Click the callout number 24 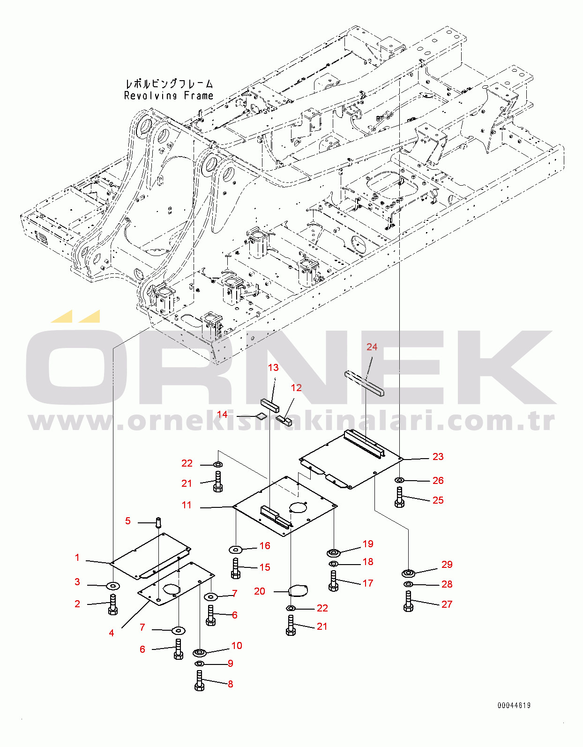coord(372,347)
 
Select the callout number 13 coord(273,368)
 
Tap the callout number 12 coord(296,388)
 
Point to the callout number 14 coord(222,415)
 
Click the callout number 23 coord(438,457)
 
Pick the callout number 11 coord(187,505)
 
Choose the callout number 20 coord(260,591)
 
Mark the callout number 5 coord(127,521)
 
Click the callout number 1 coord(77,558)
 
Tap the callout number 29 coord(447,565)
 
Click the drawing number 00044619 coord(514,705)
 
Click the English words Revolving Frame coord(169,96)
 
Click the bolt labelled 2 coord(112,604)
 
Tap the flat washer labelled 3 coord(113,586)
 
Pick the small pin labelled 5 coord(158,521)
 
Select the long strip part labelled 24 coord(364,383)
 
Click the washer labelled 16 coord(235,549)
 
